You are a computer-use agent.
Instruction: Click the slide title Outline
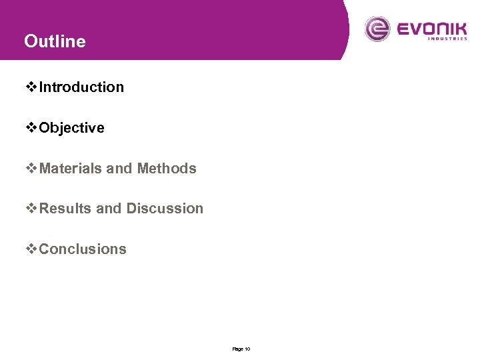pyautogui.click(x=55, y=41)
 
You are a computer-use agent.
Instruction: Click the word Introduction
pyautogui.click(x=81, y=87)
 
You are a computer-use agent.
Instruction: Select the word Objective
pyautogui.click(x=71, y=128)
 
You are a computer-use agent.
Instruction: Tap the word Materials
pyautogui.click(x=71, y=169)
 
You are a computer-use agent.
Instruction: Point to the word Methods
pyautogui.click(x=167, y=169)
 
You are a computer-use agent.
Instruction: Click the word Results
pyautogui.click(x=66, y=209)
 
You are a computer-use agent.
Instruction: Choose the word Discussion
pyautogui.click(x=165, y=209)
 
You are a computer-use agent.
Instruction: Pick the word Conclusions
pyautogui.click(x=83, y=249)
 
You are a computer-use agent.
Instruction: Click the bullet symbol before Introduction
pyautogui.click(x=32, y=87)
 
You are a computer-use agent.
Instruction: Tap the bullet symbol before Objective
pyautogui.click(x=32, y=128)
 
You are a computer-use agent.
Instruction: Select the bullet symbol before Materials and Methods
pyautogui.click(x=32, y=169)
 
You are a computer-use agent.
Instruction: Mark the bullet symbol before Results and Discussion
pyautogui.click(x=32, y=209)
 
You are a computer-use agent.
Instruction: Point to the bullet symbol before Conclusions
pyautogui.click(x=32, y=249)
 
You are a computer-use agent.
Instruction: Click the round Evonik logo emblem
pyautogui.click(x=377, y=29)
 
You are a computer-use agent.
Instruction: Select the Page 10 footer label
pyautogui.click(x=241, y=349)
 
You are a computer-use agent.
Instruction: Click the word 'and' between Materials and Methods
pyautogui.click(x=119, y=169)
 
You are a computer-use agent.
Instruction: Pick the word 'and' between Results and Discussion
pyautogui.click(x=109, y=209)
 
